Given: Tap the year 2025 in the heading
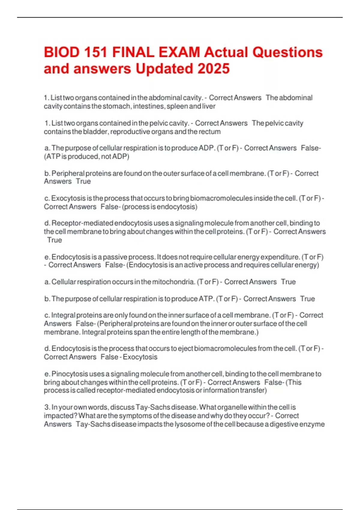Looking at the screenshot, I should click(x=213, y=69).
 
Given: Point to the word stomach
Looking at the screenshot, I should click(x=116, y=106).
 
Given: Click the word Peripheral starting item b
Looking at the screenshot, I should click(x=68, y=173).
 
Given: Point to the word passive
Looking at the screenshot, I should click(x=116, y=257).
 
